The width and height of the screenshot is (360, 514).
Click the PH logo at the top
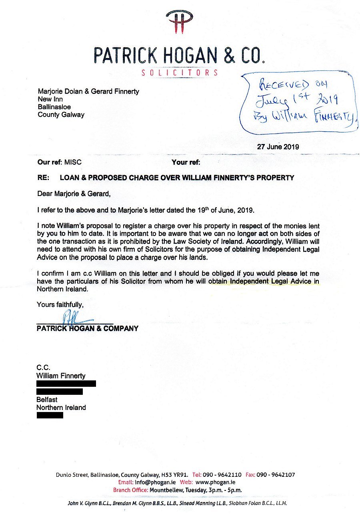tap(180, 22)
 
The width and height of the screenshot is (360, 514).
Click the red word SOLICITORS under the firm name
tap(180, 73)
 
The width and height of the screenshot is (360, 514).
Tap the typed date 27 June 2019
tap(278, 146)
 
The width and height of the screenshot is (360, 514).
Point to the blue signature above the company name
tap(76, 318)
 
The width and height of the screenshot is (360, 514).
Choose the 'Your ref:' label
tap(186, 162)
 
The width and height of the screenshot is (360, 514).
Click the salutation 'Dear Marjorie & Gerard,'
tap(73, 194)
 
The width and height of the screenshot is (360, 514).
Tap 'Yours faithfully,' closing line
tap(60, 304)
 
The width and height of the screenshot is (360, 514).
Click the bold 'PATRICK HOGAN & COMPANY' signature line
tap(87, 328)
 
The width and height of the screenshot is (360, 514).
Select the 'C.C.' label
tap(44, 368)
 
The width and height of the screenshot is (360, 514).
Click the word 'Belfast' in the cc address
tap(47, 400)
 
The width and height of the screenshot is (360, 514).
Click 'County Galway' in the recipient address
tap(61, 115)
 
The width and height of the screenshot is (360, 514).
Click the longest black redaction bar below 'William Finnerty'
tap(66, 384)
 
